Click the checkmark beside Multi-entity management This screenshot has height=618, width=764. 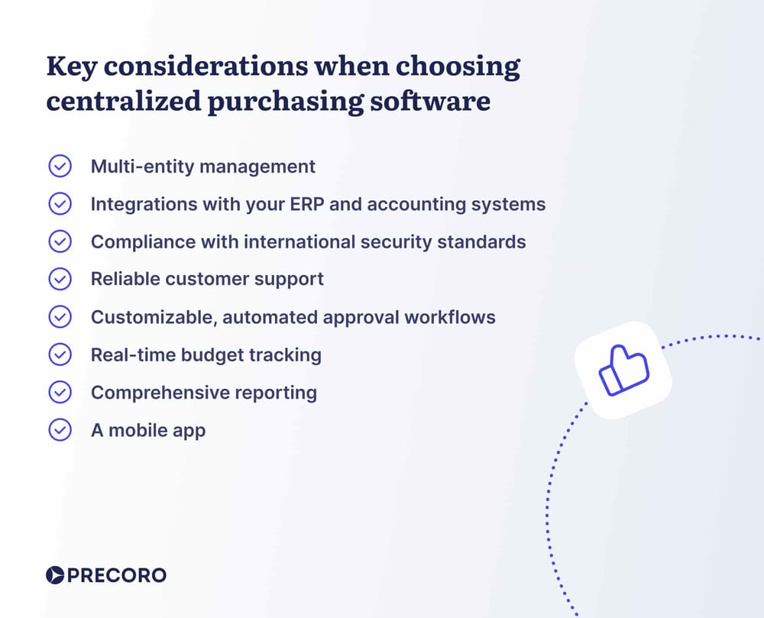(x=60, y=166)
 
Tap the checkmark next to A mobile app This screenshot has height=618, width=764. (x=60, y=430)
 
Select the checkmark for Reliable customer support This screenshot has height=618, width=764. (x=60, y=279)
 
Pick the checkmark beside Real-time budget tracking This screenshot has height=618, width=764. (x=60, y=354)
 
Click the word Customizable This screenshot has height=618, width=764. (x=151, y=316)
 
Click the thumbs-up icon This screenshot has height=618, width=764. (x=623, y=370)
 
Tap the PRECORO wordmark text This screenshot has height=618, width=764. (x=116, y=575)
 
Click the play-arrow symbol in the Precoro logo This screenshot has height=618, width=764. (x=54, y=575)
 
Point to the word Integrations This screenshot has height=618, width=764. (x=139, y=204)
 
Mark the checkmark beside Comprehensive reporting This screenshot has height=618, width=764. (x=60, y=392)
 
